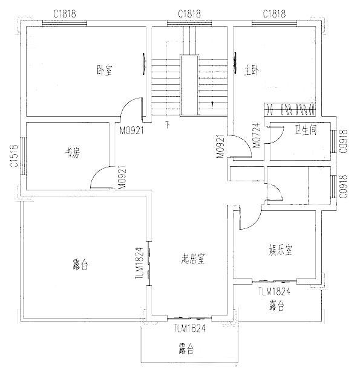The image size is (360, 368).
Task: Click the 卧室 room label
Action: click(105, 69)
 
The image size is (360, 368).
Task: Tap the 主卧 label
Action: click(252, 71)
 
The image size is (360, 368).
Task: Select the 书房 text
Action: click(73, 153)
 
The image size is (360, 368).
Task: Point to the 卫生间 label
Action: click(306, 130)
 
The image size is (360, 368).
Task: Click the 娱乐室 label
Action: click(280, 250)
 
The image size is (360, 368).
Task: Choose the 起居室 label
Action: click(193, 259)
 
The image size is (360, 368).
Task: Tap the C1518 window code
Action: click(14, 156)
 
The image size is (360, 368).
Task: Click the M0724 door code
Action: click(257, 135)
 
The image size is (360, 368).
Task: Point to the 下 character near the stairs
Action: click(168, 124)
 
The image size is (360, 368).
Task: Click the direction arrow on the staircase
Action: click(212, 105)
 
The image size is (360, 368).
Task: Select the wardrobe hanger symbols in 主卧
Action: click(290, 109)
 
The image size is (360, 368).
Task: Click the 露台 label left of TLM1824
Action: click(80, 265)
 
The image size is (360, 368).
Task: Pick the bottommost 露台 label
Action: click(186, 349)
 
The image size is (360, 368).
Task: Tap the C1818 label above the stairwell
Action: click(189, 14)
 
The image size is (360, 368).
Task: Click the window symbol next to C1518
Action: click(23, 156)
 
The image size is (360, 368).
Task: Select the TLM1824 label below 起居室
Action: click(189, 328)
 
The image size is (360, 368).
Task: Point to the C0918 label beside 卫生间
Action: click(342, 141)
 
